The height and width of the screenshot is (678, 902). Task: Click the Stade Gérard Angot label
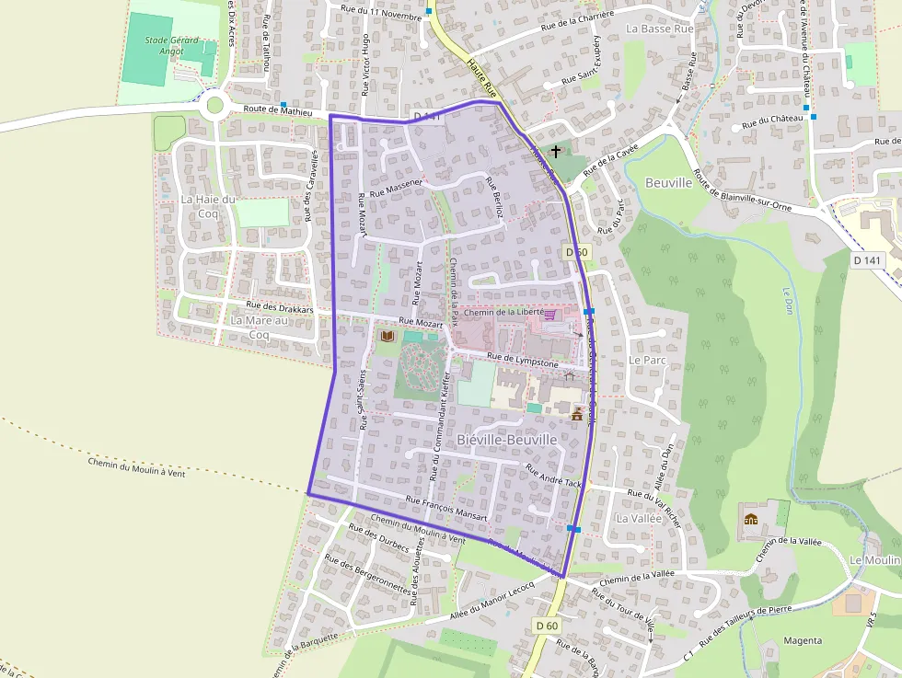[x=165, y=46]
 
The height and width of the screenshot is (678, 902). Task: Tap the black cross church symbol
[x=555, y=151]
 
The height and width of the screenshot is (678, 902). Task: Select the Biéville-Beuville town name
[x=507, y=441]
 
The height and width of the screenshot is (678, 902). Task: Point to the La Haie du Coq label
[x=208, y=206]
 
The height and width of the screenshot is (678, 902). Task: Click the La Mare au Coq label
[x=260, y=327]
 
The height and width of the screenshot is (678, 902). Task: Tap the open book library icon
[x=387, y=337]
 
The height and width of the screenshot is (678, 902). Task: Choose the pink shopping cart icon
[x=550, y=315]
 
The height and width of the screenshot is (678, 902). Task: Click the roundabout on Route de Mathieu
[x=215, y=105]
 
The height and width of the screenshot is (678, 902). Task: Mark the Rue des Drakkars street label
[x=281, y=309]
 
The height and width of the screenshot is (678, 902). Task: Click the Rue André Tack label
[x=554, y=476]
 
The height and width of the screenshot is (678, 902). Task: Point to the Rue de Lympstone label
[x=523, y=360]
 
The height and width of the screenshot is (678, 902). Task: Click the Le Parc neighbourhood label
[x=647, y=360]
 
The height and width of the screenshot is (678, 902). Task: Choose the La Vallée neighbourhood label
[x=639, y=518]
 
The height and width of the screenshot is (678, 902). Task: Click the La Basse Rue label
[x=659, y=29]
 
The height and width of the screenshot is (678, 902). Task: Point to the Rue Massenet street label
[x=396, y=189]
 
